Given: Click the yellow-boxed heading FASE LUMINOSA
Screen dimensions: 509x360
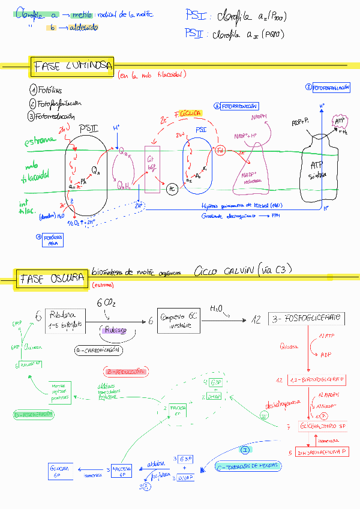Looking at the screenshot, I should [x=72, y=67].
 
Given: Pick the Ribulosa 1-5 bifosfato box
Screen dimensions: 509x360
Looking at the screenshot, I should [x=67, y=321].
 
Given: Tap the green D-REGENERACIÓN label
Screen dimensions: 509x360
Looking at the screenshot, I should [x=34, y=415].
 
